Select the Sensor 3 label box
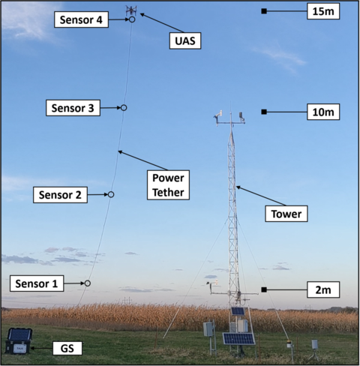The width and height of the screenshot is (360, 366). (x=70, y=108)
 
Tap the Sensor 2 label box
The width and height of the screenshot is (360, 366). (x=59, y=195)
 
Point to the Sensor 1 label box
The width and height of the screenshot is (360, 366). (x=36, y=283)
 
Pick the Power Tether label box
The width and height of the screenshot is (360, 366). (x=168, y=185)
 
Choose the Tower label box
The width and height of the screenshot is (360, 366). (x=287, y=214)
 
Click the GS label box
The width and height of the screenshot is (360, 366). (x=66, y=349)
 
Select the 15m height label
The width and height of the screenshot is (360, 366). (x=324, y=10)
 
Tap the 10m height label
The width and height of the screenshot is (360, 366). (x=324, y=112)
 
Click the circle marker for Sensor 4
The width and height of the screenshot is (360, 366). (x=132, y=19)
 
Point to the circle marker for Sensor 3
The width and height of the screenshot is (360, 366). (x=124, y=108)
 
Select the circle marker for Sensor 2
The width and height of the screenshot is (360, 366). (x=111, y=194)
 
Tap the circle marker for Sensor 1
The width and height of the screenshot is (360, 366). (x=88, y=283)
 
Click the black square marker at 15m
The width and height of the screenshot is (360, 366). (x=264, y=10)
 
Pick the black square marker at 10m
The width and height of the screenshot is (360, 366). (x=264, y=112)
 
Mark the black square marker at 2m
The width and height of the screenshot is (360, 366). (x=264, y=289)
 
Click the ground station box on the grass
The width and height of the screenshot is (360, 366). (x=19, y=340)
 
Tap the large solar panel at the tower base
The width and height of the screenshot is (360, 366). (x=238, y=338)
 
